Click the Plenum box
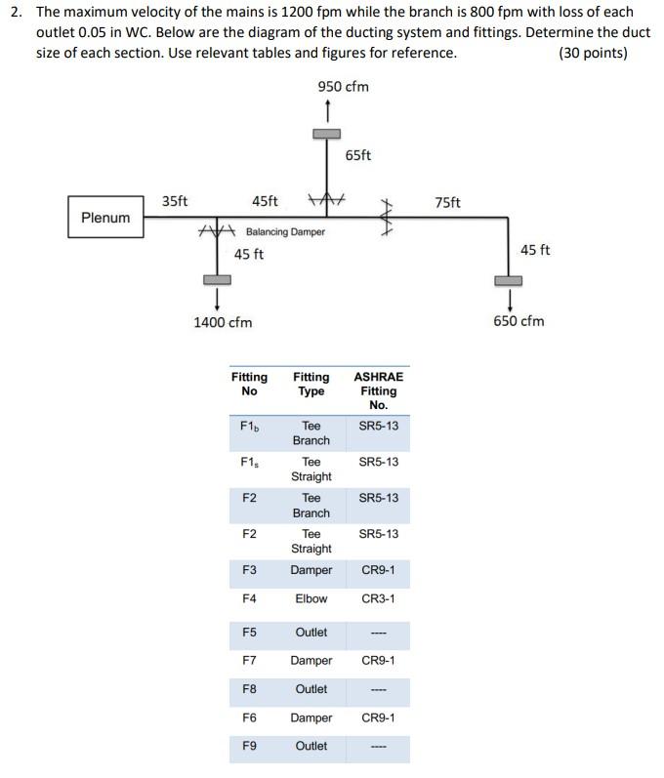(x=105, y=218)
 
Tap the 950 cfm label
(x=343, y=87)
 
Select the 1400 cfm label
(x=223, y=321)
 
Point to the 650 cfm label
(x=519, y=320)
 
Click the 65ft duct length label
(x=358, y=155)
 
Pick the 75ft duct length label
(x=448, y=202)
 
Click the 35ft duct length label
(x=175, y=202)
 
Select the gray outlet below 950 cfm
(x=326, y=134)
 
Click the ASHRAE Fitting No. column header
(x=378, y=390)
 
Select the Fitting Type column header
(x=311, y=384)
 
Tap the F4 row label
(x=249, y=598)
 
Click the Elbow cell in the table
(x=311, y=598)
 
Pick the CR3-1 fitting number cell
(x=378, y=598)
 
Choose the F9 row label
(x=249, y=746)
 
